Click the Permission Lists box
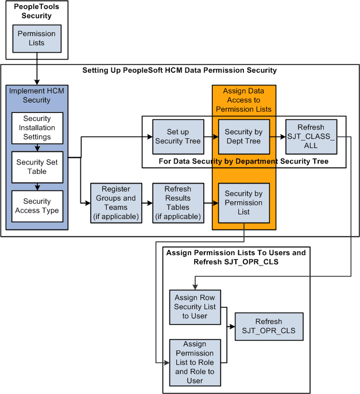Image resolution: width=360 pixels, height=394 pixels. pos(37,38)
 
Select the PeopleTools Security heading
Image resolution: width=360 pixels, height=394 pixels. pos(37,11)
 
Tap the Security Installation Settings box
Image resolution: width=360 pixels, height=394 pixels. pos(37,128)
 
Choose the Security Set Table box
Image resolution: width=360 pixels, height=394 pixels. pos(37,167)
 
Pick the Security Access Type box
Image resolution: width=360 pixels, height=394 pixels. pos(37,206)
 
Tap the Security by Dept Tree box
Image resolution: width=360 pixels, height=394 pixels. pos(243,136)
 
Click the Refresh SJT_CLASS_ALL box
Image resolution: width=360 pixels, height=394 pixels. pos(311,136)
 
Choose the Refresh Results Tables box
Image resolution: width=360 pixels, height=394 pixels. pos(177,203)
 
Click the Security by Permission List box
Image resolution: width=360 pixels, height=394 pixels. pos(243,203)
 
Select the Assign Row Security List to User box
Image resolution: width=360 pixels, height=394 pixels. pos(195,307)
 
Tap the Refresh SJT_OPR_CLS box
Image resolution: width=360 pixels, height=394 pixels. pos(269,326)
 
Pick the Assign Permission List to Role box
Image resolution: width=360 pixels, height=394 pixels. pos(195,362)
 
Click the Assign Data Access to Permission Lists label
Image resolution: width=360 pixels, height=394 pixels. pos(243,100)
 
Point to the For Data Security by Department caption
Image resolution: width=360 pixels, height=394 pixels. pos(243,162)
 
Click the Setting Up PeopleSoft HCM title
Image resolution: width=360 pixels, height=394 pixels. pos(179,71)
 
